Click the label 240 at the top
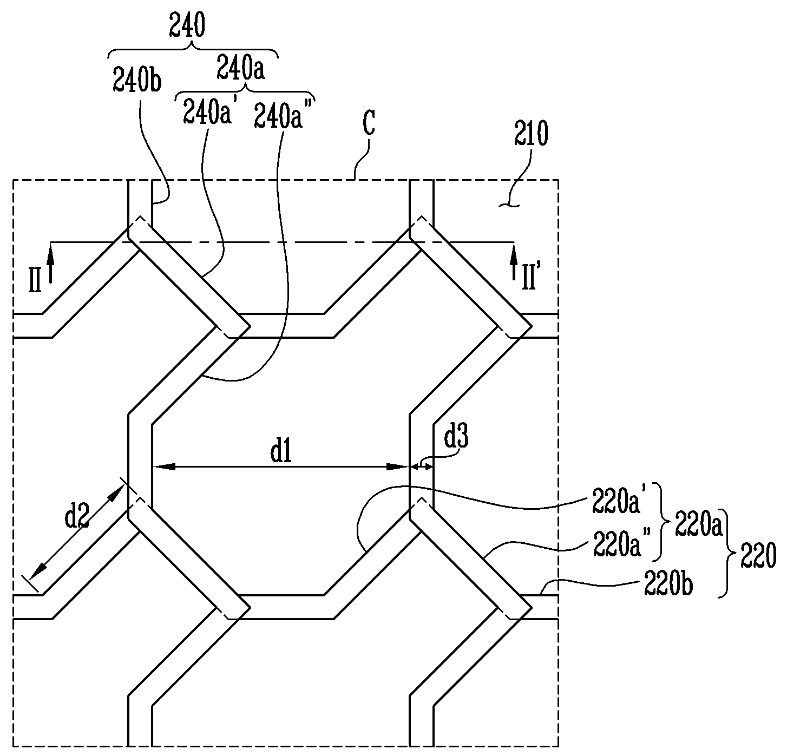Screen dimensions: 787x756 (x=187, y=25)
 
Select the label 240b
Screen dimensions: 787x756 (x=137, y=80)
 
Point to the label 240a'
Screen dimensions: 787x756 (x=207, y=111)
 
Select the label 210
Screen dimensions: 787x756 (x=531, y=133)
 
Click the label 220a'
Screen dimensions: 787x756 (x=617, y=499)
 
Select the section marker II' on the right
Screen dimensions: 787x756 (x=529, y=278)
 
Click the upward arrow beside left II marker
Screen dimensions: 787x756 (x=50, y=262)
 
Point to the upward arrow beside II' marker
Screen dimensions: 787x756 (x=514, y=261)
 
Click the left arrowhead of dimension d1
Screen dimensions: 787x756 (x=163, y=466)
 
